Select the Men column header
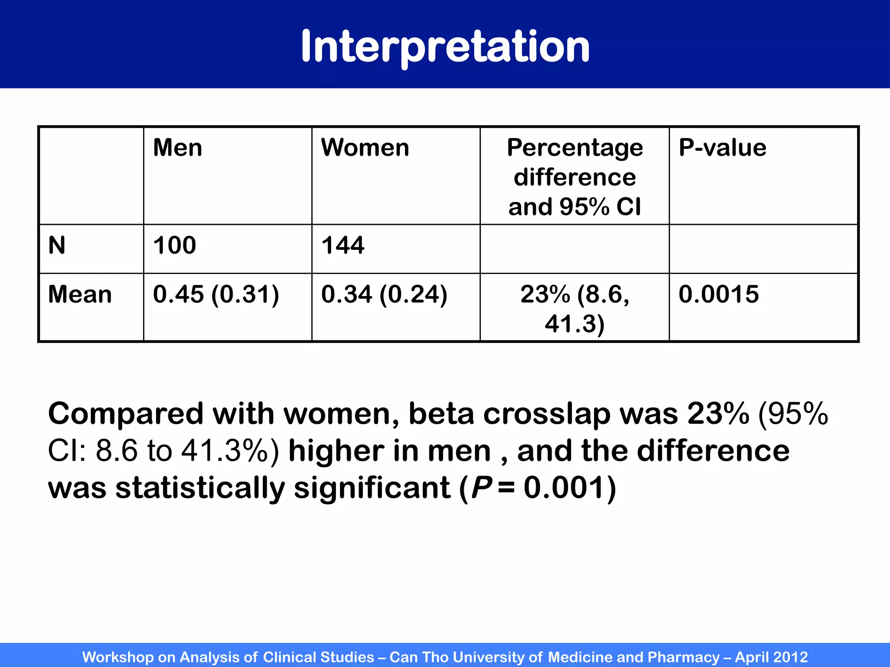pos(177,148)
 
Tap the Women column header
pos(365,148)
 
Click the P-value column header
pos(722,148)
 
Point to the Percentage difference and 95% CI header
pos(575,177)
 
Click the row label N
pos(57,245)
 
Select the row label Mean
pos(80,294)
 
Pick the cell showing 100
pos(175,245)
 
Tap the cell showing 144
pos(343,245)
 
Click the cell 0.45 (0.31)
pos(216,294)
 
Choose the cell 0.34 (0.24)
pos(384,294)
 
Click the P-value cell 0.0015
pos(719,294)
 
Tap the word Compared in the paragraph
pos(126,413)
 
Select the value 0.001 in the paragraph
pos(564,488)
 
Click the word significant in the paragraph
pos(372,488)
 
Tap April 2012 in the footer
pos(771,657)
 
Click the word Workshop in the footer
pos(118,657)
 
